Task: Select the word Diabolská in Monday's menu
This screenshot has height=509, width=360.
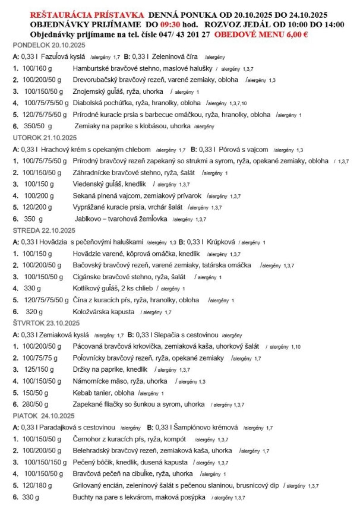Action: click(90, 103)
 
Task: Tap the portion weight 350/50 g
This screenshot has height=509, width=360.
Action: click(39, 126)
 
